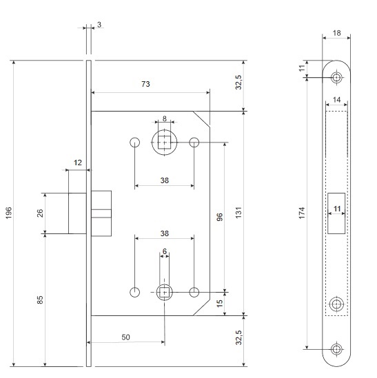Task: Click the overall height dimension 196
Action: [9, 213]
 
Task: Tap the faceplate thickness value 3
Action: [99, 25]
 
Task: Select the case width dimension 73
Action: [145, 84]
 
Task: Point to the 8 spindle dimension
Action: [164, 118]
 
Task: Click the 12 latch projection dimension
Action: [78, 162]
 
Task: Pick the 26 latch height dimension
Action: [40, 213]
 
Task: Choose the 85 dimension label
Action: [40, 300]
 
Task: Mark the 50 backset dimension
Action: [125, 337]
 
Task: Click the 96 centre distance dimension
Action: [220, 217]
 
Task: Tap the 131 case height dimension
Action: [238, 213]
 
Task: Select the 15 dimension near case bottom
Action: [220, 304]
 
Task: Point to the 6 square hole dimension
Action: [164, 251]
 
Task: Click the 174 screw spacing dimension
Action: [302, 213]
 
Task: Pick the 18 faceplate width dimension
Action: [337, 33]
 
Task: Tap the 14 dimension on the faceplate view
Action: [337, 100]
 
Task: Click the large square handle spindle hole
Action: [164, 143]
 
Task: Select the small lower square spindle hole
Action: [164, 292]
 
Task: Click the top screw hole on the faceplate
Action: [336, 78]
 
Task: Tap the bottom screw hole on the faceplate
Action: [336, 349]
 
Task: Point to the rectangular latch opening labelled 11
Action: [336, 213]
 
